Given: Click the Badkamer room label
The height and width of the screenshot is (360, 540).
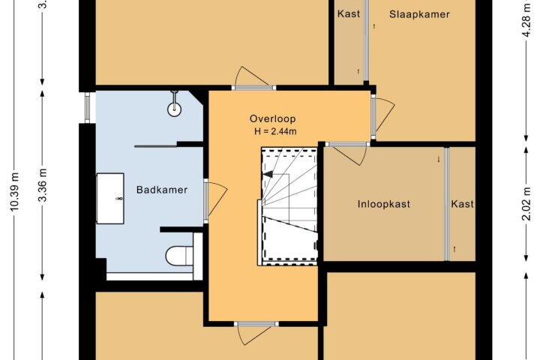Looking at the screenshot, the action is (162, 190).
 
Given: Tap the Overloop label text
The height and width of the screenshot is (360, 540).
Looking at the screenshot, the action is (273, 118).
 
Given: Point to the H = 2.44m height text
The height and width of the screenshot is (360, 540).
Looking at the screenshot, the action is (275, 131).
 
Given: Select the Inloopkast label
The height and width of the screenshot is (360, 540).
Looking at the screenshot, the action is (384, 204).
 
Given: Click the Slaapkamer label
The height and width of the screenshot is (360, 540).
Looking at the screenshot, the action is (419, 14).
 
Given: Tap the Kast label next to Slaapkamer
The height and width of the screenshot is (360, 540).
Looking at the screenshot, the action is (349, 13).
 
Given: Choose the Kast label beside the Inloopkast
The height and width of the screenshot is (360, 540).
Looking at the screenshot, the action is (463, 204).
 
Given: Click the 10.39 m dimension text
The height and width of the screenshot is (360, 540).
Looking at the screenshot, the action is (15, 190).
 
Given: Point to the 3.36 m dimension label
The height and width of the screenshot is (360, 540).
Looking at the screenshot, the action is (43, 185).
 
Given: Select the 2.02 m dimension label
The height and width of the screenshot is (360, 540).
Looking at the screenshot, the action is (526, 203).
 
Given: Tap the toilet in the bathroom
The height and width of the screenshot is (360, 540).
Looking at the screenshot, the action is (179, 256).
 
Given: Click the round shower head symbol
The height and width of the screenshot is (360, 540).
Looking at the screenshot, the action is (174, 109).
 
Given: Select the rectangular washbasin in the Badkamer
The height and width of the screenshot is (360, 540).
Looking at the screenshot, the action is (110, 199).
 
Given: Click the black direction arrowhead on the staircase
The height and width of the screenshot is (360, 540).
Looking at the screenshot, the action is (268, 174).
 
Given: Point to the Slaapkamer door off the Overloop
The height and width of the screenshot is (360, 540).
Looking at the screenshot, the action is (385, 115).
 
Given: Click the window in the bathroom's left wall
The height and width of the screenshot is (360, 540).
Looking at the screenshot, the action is (88, 107).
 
